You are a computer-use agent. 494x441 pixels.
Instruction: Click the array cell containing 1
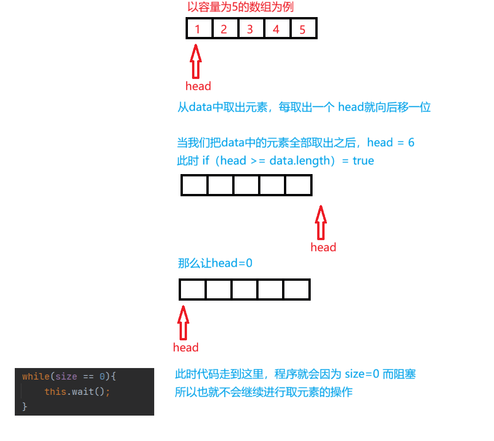199,29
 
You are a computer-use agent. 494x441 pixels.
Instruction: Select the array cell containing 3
250,29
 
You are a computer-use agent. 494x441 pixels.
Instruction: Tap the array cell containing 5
303,29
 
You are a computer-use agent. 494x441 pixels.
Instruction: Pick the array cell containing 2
224,29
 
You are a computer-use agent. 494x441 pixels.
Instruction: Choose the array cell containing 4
277,29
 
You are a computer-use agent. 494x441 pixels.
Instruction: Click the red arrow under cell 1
196,61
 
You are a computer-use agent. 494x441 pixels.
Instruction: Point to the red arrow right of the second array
320,223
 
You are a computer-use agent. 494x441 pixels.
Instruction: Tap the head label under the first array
198,86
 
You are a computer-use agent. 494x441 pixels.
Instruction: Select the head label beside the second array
323,248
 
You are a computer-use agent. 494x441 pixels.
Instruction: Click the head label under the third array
186,348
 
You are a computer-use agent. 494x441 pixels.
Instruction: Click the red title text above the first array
240,7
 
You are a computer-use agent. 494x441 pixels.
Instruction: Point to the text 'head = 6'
391,143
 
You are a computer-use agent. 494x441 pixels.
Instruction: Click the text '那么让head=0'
215,264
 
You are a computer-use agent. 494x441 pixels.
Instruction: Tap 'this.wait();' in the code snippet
77,392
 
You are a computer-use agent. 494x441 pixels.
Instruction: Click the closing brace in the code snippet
24,407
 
